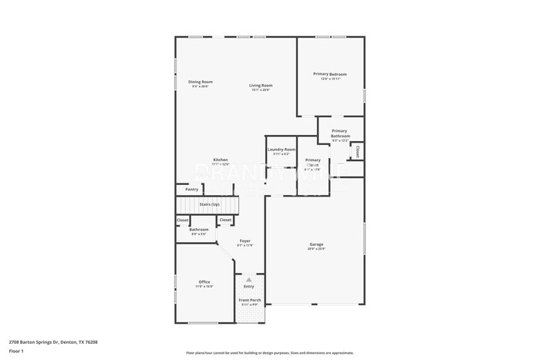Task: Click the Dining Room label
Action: [201, 82]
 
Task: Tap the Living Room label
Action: [260, 86]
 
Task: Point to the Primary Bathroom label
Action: [339, 133]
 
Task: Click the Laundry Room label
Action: [281, 150]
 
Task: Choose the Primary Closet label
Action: [312, 163]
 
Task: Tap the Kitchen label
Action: [221, 160]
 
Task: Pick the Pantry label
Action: [191, 189]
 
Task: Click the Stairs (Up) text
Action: [210, 204]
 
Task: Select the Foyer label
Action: [245, 241]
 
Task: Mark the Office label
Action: [204, 282]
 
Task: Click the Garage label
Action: [316, 244]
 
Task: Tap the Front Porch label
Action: [249, 300]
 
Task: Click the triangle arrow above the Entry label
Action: [248, 280]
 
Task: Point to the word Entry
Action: [248, 287]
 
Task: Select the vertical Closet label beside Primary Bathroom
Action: [358, 151]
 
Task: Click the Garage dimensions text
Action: [316, 249]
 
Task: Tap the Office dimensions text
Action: [204, 287]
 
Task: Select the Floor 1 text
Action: [16, 351]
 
